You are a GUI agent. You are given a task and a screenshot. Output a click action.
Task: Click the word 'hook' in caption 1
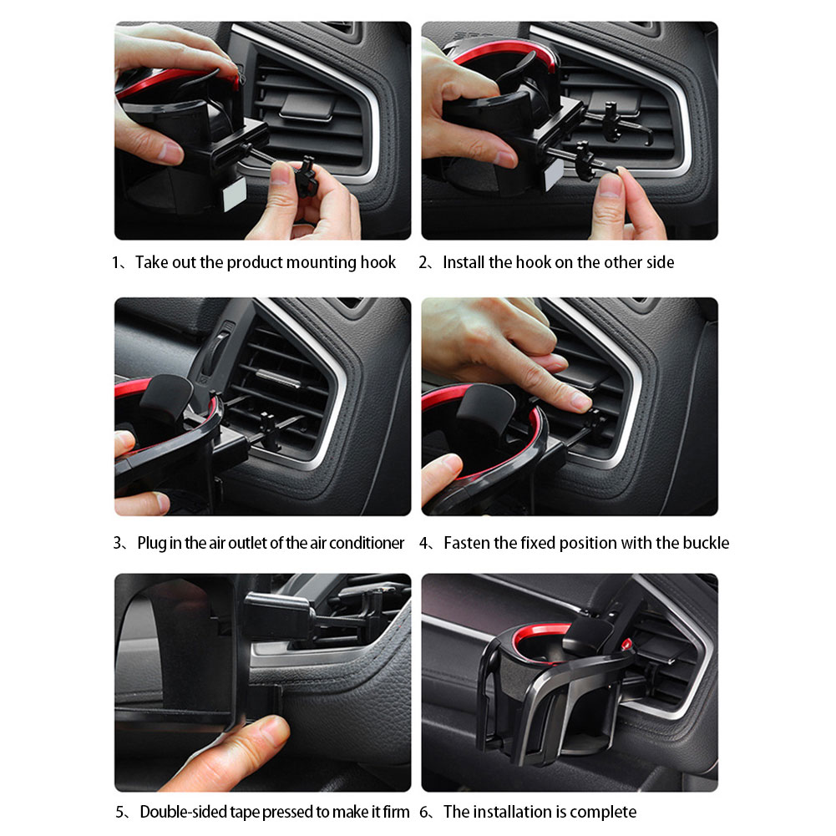click(x=378, y=262)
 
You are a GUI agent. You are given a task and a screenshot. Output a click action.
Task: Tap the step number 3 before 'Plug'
click(x=117, y=543)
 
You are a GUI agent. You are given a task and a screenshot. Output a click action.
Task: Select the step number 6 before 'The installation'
click(x=424, y=812)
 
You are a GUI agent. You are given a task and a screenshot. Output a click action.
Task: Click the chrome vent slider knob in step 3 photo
click(x=278, y=378)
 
